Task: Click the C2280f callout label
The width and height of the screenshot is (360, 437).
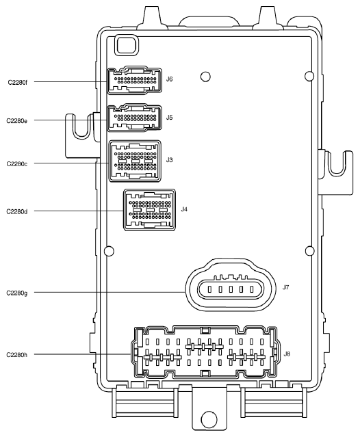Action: (18, 82)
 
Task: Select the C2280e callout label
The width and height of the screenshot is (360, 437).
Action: (18, 120)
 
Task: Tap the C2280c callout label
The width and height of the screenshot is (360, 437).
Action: (18, 164)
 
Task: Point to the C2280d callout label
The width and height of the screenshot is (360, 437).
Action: (18, 211)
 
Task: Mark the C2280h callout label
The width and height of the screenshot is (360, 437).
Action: (18, 354)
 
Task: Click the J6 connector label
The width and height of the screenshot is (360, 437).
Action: (169, 79)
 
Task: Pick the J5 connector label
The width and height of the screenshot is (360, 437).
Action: (169, 118)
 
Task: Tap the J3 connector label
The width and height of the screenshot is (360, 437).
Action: (169, 159)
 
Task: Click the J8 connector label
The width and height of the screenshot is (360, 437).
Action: (287, 354)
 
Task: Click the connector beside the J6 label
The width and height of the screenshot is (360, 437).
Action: (135, 81)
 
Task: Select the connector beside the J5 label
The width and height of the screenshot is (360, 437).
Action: (135, 118)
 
